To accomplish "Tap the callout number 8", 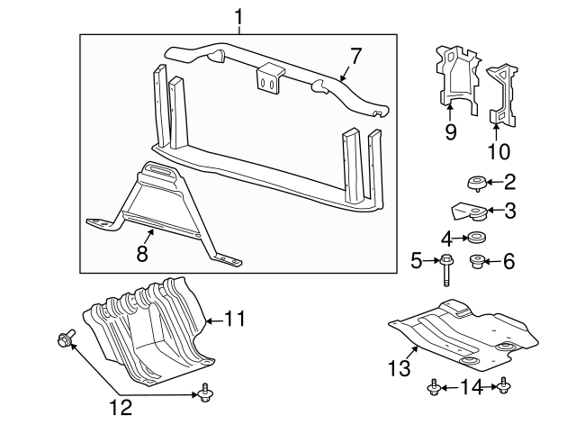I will point(141,255).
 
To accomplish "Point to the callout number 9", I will point(451,132).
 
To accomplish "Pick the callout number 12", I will point(121,408).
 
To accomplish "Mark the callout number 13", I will point(399,367).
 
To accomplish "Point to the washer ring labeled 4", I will point(473,239).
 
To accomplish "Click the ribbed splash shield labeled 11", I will point(148,329).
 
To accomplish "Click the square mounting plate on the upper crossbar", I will point(267,78).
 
